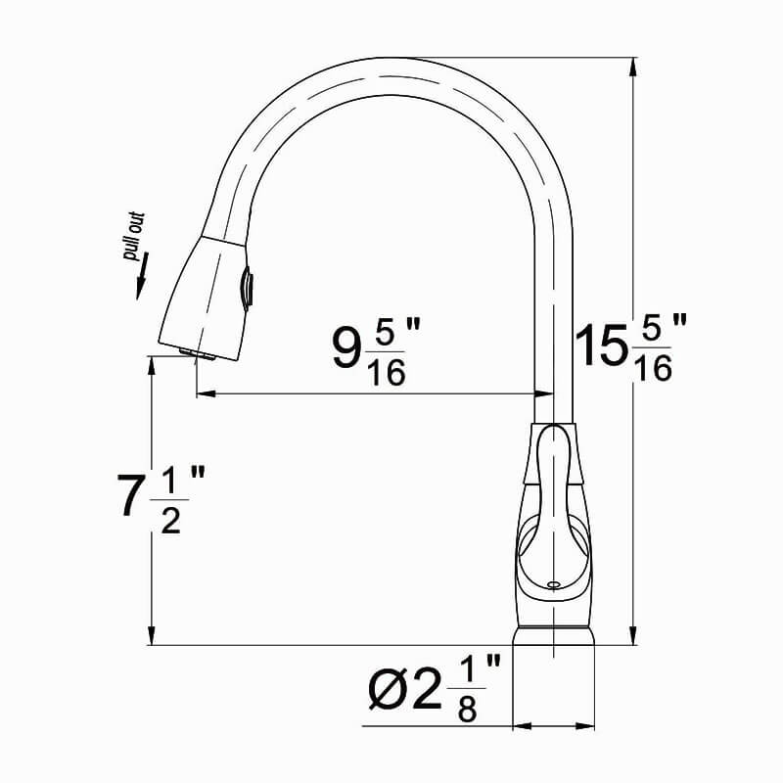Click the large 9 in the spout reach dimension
pos(345,348)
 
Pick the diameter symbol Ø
pos(389,692)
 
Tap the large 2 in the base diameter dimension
pos(427,692)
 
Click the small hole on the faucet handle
pos(554,584)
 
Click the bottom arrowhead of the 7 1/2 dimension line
pos(153,635)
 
